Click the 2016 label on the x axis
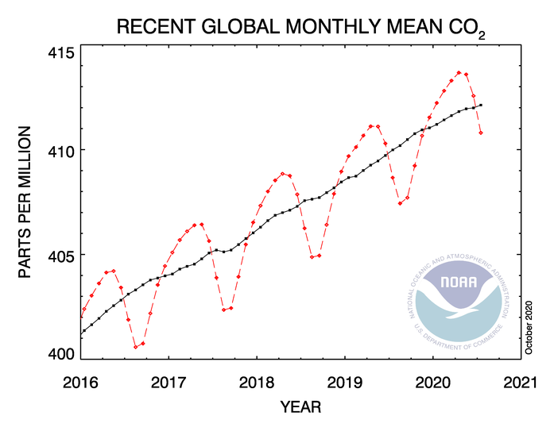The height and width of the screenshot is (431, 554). [80, 383]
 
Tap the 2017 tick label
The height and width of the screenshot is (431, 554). [169, 383]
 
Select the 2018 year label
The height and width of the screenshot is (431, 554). [257, 383]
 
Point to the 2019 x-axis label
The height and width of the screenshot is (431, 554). [344, 383]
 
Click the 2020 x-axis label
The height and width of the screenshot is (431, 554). [433, 383]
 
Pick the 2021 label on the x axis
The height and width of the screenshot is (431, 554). [520, 383]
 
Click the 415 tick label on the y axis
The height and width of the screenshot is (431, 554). [61, 53]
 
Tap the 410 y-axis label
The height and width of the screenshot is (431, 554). [61, 152]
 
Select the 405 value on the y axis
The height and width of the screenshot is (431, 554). [61, 257]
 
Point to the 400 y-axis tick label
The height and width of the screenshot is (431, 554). [61, 354]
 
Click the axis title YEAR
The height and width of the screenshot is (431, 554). [300, 407]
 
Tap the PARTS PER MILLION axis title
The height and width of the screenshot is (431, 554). [25, 202]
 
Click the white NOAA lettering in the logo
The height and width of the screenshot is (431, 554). [459, 282]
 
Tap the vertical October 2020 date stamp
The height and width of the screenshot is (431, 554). [529, 328]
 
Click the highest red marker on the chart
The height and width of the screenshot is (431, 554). [459, 73]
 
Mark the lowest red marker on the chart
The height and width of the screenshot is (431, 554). [135, 347]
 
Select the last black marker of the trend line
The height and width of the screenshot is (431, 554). [481, 105]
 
